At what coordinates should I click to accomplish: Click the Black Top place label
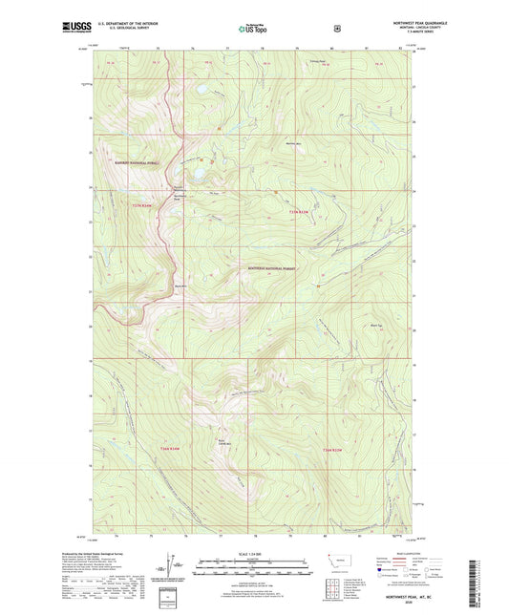pos(375,325)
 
